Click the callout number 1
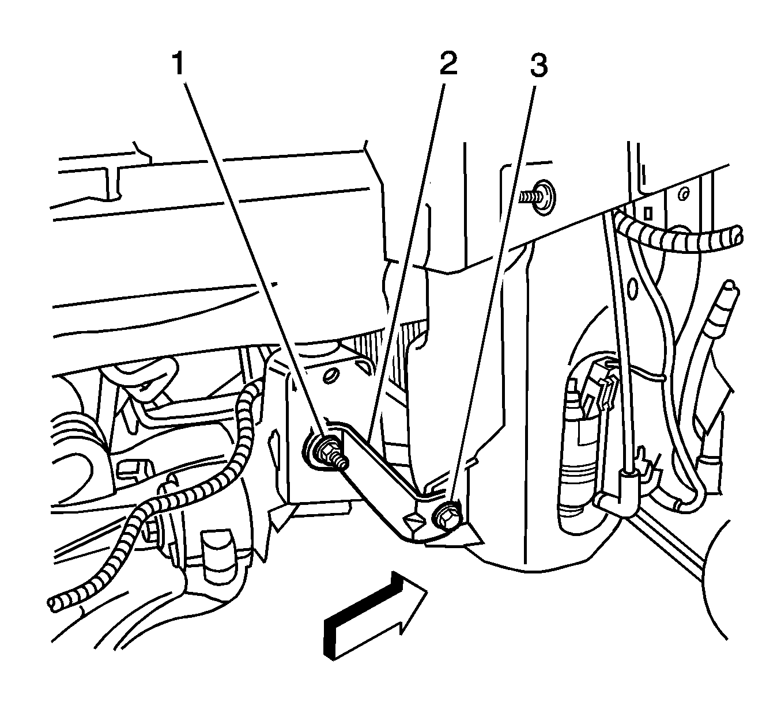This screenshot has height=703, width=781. [179, 64]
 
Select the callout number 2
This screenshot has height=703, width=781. [448, 64]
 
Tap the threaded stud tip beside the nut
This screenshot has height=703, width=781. [342, 461]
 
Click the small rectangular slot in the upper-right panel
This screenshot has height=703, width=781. [648, 214]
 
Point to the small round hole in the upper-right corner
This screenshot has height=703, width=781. [685, 192]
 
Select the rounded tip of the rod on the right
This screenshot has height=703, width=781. [730, 286]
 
